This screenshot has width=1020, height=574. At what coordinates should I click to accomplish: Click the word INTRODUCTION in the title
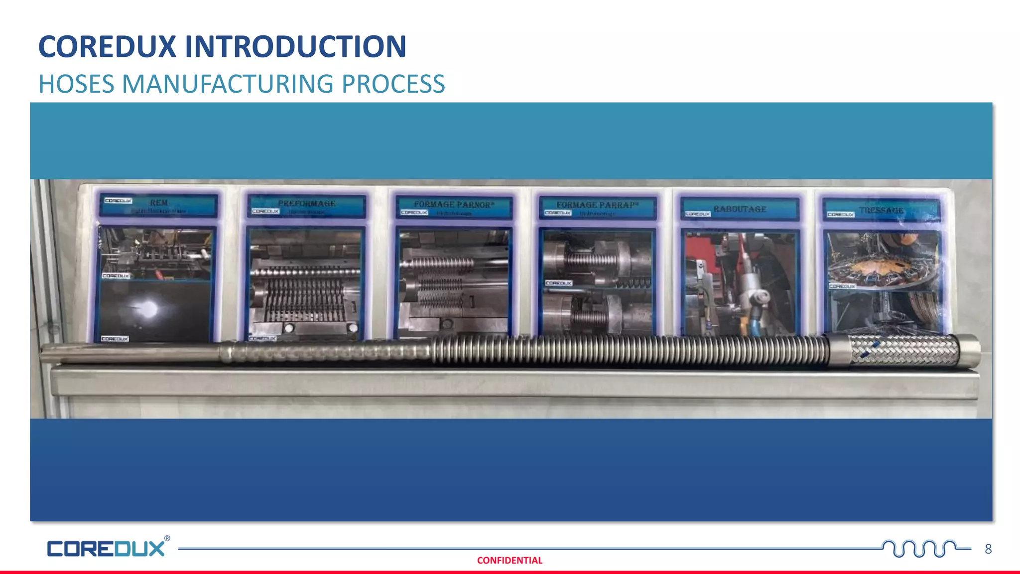(x=295, y=47)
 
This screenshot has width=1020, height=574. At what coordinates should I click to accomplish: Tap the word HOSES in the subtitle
(x=76, y=84)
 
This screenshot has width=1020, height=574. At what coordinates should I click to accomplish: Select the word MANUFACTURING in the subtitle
(x=228, y=84)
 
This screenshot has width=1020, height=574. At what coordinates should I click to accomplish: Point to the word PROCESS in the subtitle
(x=393, y=84)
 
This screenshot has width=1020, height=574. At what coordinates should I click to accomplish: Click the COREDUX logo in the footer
(x=106, y=549)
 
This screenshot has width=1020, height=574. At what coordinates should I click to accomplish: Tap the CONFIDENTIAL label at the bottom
(x=510, y=561)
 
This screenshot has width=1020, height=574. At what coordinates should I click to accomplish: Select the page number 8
(x=988, y=549)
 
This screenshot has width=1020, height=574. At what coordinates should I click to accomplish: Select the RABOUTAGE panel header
(x=740, y=209)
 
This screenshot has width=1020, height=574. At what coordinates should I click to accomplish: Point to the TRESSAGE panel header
(x=881, y=211)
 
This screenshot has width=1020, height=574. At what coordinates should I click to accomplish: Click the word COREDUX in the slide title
(x=107, y=47)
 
